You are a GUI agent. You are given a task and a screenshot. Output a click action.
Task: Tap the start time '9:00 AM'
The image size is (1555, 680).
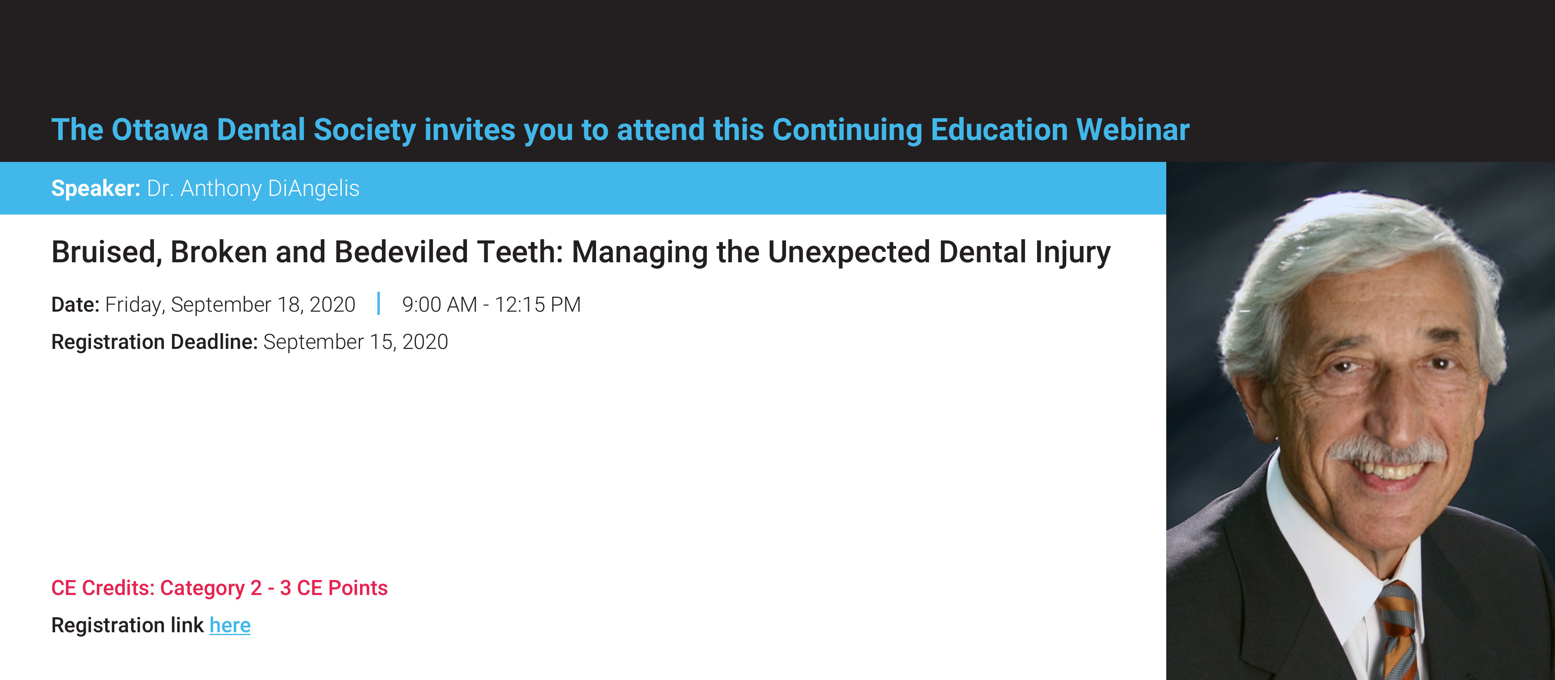439,305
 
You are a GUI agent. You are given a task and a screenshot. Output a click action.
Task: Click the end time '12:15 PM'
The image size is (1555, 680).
537,305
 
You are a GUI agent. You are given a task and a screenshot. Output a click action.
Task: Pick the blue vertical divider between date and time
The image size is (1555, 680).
379,304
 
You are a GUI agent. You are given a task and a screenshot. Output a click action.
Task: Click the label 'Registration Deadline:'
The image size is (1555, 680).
155,342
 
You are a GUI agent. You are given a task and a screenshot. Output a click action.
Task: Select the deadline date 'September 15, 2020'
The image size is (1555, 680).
356,342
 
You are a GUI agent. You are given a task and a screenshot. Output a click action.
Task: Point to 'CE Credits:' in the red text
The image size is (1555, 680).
102,588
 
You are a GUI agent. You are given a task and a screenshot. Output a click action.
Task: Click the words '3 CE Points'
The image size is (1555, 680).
333,588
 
